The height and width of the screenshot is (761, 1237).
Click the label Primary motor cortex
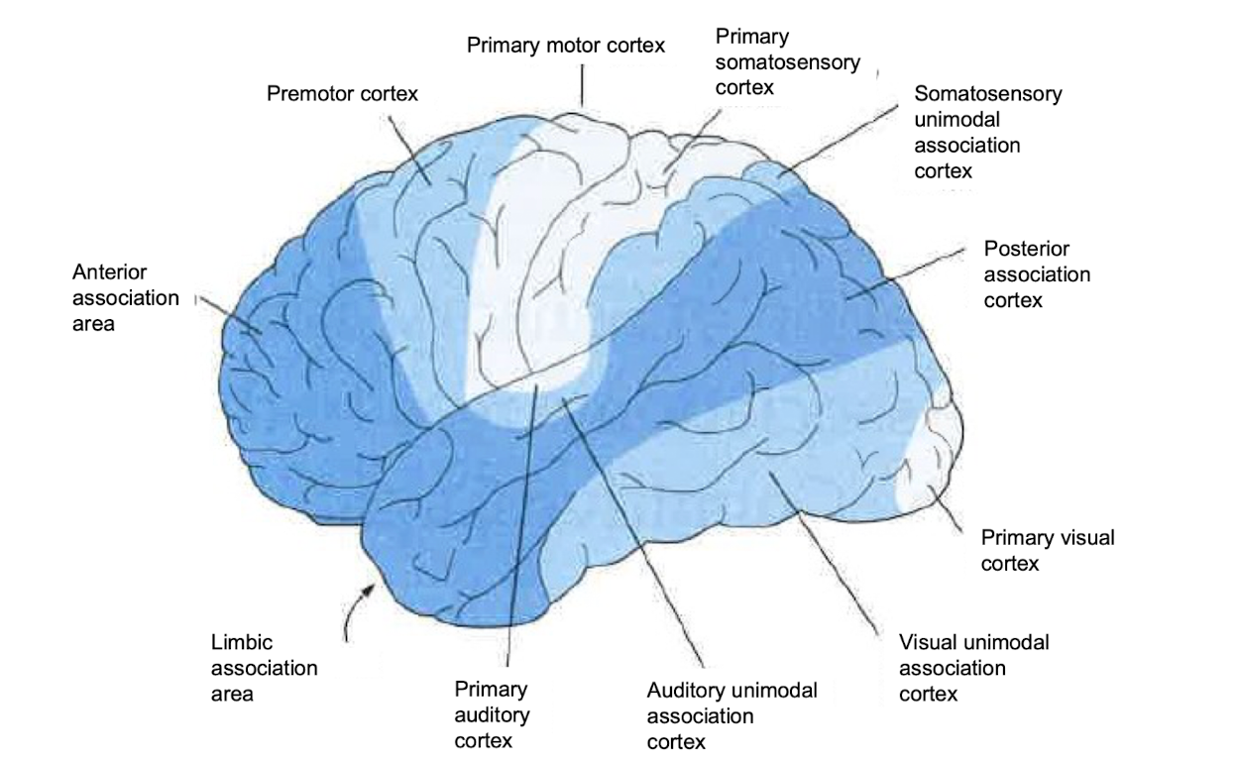click(566, 46)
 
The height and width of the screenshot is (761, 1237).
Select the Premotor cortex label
click(343, 94)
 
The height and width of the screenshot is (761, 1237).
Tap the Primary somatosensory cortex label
click(787, 62)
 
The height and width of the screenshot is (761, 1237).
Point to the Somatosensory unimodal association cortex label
click(987, 132)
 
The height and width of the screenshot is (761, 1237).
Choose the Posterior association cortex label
click(1036, 273)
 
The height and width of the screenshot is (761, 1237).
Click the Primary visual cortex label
click(1047, 550)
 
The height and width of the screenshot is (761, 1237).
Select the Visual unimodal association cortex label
click(973, 668)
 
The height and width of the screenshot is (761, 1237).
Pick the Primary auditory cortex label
click(492, 713)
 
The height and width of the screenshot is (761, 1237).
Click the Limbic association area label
click(264, 668)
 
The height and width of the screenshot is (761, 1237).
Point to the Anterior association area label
click(126, 297)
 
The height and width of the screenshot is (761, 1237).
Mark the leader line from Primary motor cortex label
click(583, 84)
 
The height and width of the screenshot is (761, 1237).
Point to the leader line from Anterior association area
click(228, 313)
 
